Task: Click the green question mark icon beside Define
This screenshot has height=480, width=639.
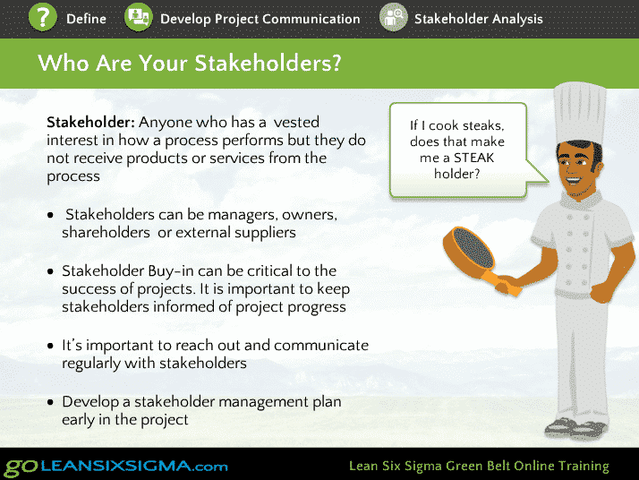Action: pos(43,17)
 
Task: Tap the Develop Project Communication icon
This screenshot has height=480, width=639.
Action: pos(139,18)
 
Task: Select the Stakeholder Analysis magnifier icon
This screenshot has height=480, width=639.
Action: pos(393,18)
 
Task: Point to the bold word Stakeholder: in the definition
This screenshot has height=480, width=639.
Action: pos(90,122)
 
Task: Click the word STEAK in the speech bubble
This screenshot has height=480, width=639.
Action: pos(473,158)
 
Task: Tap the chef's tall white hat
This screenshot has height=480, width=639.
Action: pos(580,114)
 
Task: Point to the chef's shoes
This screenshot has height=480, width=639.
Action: pos(575,427)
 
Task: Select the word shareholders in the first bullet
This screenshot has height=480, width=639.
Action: pos(106,233)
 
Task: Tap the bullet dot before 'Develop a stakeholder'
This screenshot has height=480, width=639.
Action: pos(50,402)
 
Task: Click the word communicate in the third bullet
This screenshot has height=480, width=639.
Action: pos(321,346)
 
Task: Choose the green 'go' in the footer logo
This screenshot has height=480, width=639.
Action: pos(21,467)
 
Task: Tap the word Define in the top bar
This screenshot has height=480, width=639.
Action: pos(86,19)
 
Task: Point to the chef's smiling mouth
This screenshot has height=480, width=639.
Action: pos(574,180)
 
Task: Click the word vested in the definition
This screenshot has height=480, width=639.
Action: pos(296,122)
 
